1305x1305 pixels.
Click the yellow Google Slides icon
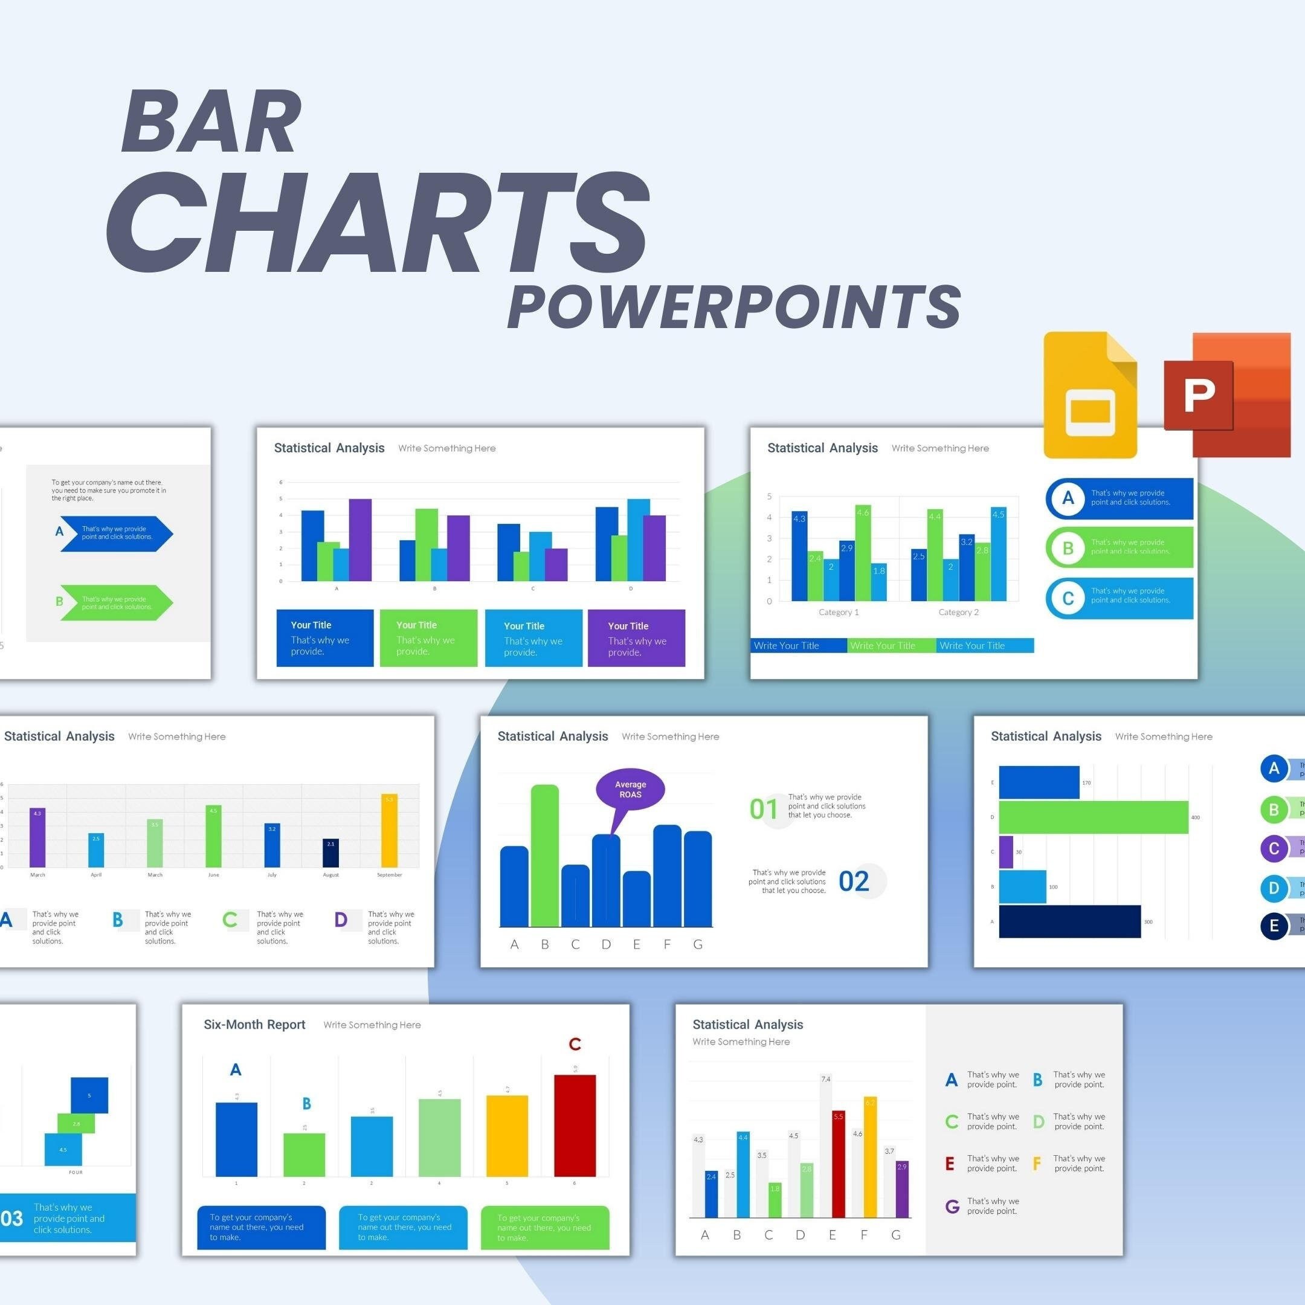click(x=1089, y=395)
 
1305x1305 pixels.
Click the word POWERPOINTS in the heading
click(x=733, y=308)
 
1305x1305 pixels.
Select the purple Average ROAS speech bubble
click(x=630, y=789)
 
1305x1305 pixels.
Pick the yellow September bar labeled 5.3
click(x=389, y=830)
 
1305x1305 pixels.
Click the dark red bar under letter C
click(x=575, y=1126)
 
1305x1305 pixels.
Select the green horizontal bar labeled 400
click(x=1093, y=817)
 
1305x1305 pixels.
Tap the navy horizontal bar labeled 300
click(x=1069, y=921)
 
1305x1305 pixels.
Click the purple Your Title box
click(x=636, y=637)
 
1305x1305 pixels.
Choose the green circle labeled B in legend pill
click(x=1068, y=548)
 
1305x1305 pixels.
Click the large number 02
click(x=853, y=882)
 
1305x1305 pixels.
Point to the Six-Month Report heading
click(x=254, y=1025)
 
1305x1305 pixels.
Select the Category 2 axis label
click(x=958, y=613)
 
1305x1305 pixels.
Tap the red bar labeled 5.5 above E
click(x=838, y=1164)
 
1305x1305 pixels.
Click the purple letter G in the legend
click(x=952, y=1207)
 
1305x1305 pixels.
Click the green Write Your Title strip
click(x=891, y=646)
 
